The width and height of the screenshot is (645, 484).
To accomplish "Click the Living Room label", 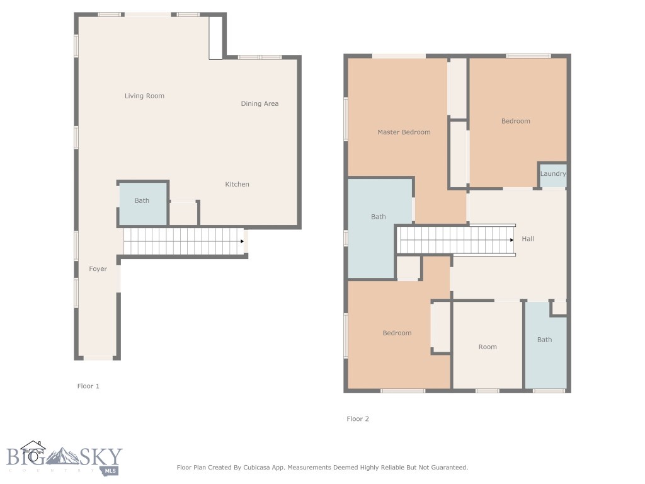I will [x=144, y=96].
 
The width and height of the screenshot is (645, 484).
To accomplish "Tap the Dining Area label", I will [x=260, y=104].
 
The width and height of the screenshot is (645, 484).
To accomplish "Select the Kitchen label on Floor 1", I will [x=237, y=185].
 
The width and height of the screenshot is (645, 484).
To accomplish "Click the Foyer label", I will [x=98, y=269].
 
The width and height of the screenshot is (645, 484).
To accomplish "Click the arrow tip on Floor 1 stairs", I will [x=243, y=241].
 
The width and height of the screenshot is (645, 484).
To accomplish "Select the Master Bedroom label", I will [x=404, y=132].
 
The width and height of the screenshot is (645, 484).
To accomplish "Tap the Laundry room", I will [x=552, y=174].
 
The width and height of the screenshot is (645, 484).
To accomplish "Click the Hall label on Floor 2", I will [x=528, y=239].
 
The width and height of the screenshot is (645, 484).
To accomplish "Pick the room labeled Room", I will [x=488, y=347].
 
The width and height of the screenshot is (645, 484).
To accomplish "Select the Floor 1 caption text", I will [x=88, y=386].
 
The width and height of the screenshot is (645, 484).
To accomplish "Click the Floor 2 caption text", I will [x=358, y=419].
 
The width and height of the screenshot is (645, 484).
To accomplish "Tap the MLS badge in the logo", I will [x=111, y=470].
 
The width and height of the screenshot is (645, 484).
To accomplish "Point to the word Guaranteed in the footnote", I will [x=447, y=468].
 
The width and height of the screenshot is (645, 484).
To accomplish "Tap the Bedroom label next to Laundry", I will [x=516, y=122].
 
